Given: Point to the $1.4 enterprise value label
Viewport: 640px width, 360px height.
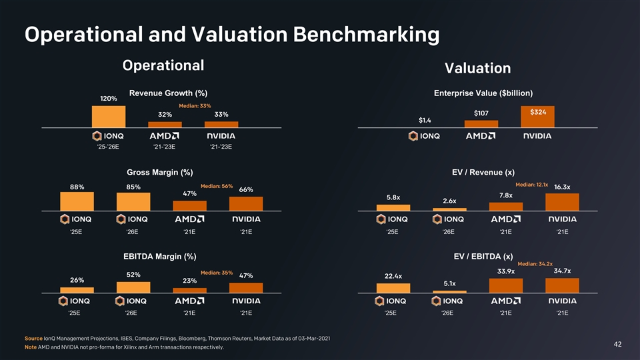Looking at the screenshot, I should tap(425, 120).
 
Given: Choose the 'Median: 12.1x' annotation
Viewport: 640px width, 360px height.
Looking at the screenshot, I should tap(531, 184).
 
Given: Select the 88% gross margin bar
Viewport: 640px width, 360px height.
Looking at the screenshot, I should tap(77, 201).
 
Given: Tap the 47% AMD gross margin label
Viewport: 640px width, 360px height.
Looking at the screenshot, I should tap(189, 194).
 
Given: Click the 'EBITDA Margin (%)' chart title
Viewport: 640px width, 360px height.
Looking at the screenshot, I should tap(159, 256).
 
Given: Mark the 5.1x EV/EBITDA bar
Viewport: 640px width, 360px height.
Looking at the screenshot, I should tap(449, 291).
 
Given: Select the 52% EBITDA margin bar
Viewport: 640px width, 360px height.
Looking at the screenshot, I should tap(133, 287).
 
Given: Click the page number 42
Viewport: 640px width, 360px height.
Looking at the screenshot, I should tap(617, 344).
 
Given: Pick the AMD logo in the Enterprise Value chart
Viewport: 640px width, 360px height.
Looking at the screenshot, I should tap(480, 136).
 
